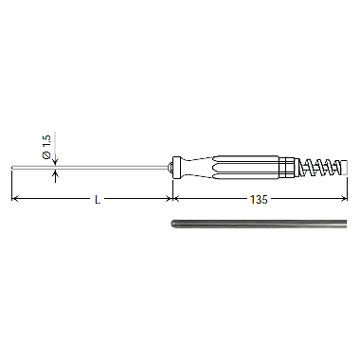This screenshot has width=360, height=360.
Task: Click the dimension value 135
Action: (259, 200)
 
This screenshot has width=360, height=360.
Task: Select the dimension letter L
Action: (98, 200)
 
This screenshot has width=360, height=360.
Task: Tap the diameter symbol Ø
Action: (46, 154)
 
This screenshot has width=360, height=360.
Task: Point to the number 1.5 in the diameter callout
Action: (46, 141)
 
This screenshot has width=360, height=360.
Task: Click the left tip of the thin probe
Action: (12, 167)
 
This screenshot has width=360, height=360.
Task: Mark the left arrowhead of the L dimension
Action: (14, 199)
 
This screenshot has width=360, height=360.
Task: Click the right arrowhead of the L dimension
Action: (170, 199)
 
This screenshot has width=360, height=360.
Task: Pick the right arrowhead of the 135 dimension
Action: (345, 199)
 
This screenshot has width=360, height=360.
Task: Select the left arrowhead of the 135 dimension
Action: (176, 199)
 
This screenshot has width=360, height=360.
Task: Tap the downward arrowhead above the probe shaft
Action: (55, 162)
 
